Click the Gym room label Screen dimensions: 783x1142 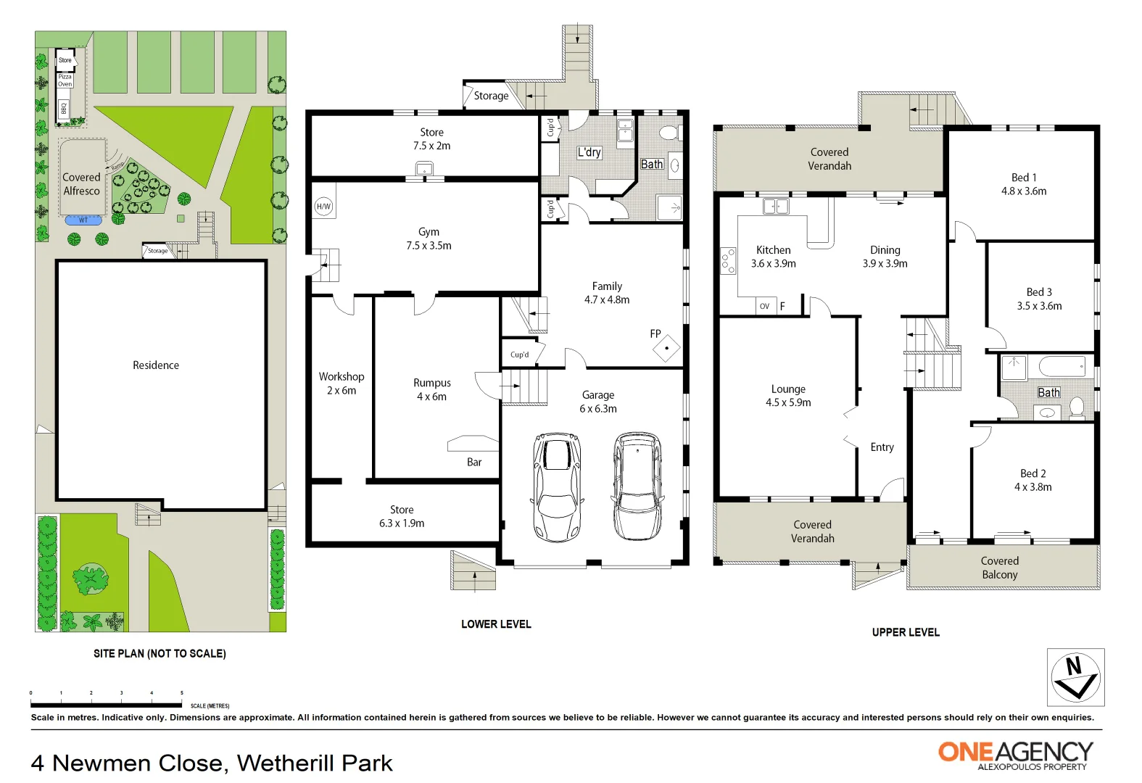click(429, 232)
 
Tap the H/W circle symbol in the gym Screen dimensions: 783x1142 click(323, 207)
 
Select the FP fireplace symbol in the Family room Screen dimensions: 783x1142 click(666, 348)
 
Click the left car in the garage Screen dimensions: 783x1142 click(557, 487)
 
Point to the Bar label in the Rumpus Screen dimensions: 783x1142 click(474, 462)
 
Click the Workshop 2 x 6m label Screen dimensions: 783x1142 click(342, 383)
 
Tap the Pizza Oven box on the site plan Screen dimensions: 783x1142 click(65, 80)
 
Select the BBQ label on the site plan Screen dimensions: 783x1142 click(64, 108)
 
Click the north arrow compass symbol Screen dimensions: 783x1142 click(1075, 677)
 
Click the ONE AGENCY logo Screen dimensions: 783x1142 click(1015, 754)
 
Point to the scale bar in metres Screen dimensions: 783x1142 click(106, 704)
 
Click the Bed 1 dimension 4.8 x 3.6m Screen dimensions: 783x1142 click(1024, 191)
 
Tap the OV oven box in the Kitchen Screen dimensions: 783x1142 click(765, 306)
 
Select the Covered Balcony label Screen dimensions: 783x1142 click(1000, 568)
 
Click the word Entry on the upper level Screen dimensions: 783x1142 click(882, 447)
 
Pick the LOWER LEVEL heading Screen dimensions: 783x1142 click(496, 624)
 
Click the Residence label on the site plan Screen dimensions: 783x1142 click(156, 365)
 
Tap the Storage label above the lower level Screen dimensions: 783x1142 click(491, 96)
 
